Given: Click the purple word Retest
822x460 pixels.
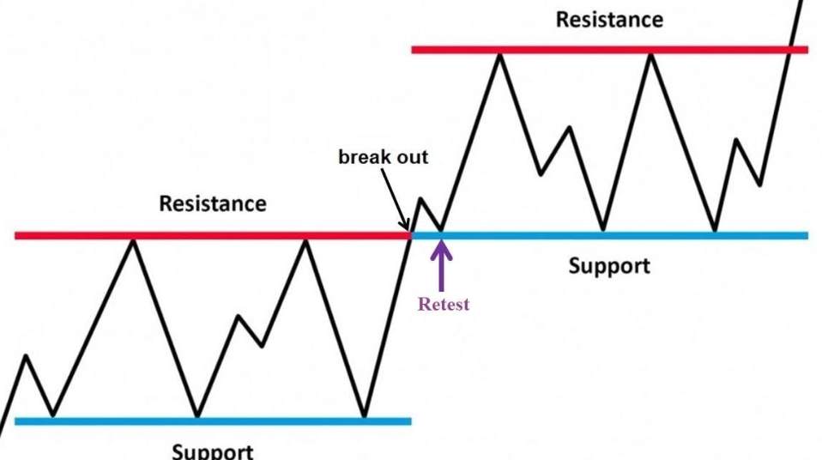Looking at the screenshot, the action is click(443, 304).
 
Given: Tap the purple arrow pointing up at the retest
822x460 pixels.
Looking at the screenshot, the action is click(441, 265).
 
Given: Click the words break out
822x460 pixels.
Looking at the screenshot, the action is click(384, 157).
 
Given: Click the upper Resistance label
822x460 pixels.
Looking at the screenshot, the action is click(609, 20).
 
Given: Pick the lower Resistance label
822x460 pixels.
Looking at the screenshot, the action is click(212, 203).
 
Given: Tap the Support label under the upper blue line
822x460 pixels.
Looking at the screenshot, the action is click(609, 266).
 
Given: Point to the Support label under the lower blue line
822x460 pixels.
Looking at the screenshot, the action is click(212, 451).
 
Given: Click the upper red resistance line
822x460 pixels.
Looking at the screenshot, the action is click(610, 50).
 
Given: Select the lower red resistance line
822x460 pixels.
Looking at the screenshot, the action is click(213, 236).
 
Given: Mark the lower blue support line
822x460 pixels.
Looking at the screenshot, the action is click(213, 421).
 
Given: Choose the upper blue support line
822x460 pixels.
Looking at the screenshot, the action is click(610, 236).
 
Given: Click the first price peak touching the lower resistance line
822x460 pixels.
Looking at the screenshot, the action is click(134, 241).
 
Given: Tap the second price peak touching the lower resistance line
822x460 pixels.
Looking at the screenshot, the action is click(305, 241).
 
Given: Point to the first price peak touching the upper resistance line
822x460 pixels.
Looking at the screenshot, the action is click(500, 55).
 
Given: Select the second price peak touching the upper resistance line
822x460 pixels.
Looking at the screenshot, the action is click(650, 55).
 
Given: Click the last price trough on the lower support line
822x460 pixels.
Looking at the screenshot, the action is click(365, 416).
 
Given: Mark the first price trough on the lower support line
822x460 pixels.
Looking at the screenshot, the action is click(53, 416).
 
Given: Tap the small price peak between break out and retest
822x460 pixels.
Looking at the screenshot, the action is click(421, 199).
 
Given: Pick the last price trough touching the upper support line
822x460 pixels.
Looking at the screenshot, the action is click(715, 230).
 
